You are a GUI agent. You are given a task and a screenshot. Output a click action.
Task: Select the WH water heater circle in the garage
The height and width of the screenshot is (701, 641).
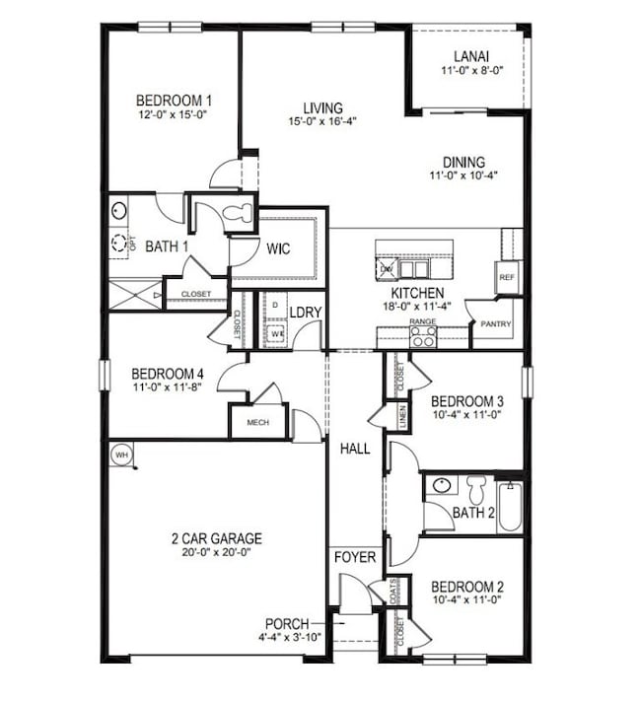pos(121,455)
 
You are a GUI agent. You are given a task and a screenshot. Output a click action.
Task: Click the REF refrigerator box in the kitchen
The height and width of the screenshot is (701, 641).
pos(509,278)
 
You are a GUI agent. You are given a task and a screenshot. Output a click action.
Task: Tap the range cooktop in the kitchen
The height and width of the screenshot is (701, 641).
pos(423,337)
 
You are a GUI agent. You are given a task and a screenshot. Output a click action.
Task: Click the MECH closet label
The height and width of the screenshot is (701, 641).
pos(257,422)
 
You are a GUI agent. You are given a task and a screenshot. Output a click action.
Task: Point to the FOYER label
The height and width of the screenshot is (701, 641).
pos(355,557)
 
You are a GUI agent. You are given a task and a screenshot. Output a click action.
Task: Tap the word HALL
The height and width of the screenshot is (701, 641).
pos(355,449)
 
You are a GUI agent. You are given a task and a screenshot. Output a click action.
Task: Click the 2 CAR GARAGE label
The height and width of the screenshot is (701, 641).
pos(216,538)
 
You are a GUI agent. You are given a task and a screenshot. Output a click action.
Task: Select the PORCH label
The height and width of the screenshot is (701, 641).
pos(287,624)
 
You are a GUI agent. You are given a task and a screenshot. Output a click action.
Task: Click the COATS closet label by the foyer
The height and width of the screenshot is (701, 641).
pos(395,591)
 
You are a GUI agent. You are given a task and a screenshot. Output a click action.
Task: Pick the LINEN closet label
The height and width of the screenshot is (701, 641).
pos(402,416)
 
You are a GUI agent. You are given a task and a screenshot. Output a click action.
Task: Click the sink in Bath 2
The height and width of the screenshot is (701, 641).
pos(441,485)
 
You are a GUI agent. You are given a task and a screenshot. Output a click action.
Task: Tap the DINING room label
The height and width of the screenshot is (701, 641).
pos(463,163)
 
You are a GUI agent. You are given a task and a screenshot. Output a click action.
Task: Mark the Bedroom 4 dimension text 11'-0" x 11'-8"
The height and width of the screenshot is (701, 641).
pos(169,388)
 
